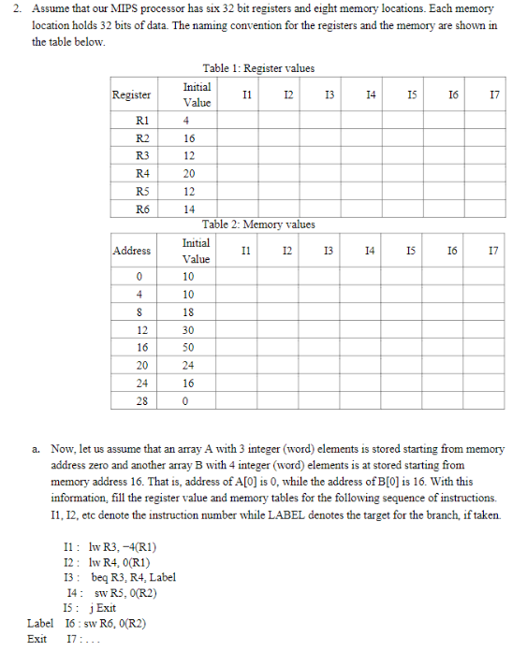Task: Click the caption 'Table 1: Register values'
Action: pyautogui.click(x=258, y=68)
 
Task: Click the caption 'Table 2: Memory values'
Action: pyautogui.click(x=258, y=224)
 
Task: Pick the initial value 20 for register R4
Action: pyautogui.click(x=189, y=173)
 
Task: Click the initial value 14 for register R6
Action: pyautogui.click(x=189, y=209)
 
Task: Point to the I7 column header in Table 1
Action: pyautogui.click(x=493, y=94)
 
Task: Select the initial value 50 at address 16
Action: pyautogui.click(x=189, y=347)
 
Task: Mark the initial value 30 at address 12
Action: pyautogui.click(x=189, y=329)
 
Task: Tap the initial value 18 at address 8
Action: pyautogui.click(x=189, y=311)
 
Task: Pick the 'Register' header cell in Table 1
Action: pyautogui.click(x=131, y=94)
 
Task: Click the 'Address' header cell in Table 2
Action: pyautogui.click(x=131, y=251)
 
